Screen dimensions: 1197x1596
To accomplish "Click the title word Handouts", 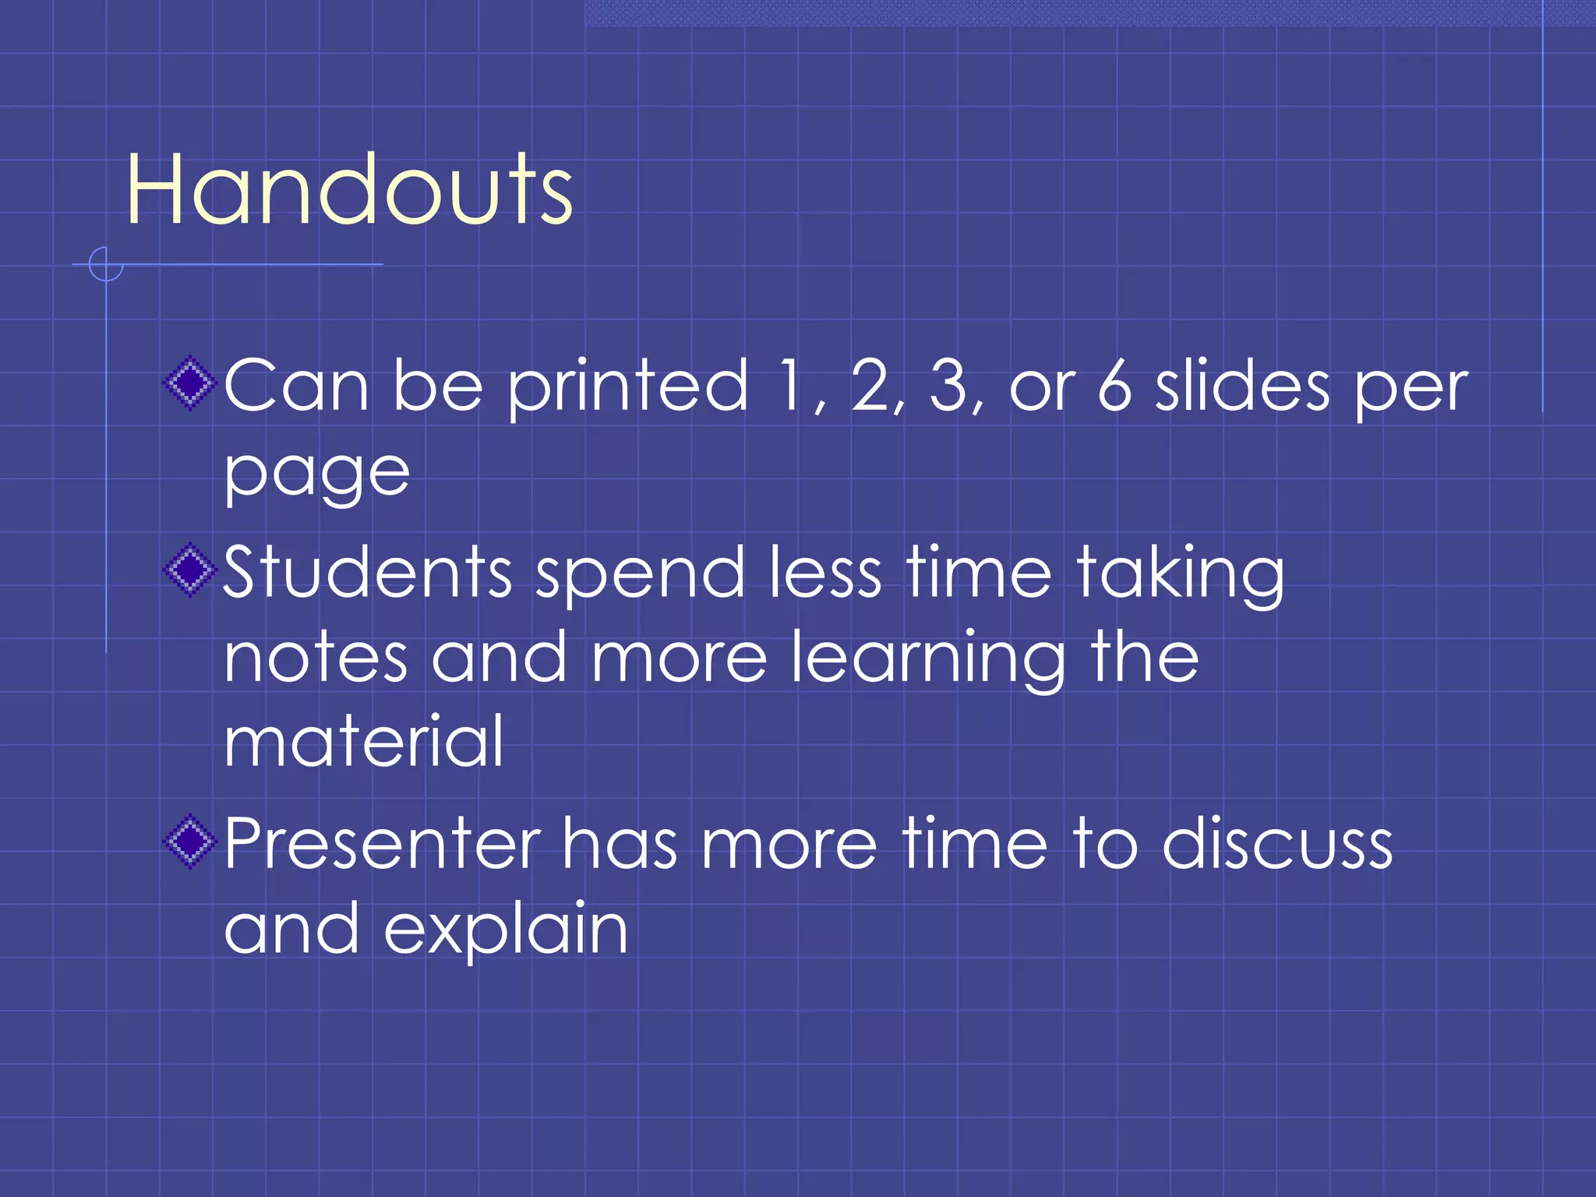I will [x=349, y=189].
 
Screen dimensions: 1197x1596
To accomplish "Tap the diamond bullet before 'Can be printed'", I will [x=189, y=383].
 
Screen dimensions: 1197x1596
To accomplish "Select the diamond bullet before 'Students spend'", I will [x=189, y=570].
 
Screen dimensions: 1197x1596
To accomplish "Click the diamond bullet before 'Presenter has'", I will [x=189, y=842].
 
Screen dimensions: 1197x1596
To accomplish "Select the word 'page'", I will [x=316, y=474].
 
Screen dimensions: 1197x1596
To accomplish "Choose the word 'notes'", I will [x=316, y=659].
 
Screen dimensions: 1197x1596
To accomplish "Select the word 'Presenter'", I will [x=382, y=844].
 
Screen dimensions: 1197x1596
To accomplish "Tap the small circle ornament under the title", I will [x=106, y=264].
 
